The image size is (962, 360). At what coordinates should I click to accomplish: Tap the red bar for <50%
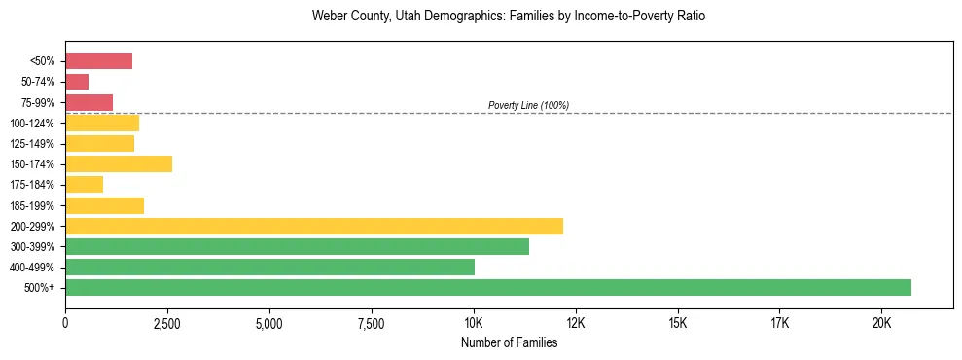98,61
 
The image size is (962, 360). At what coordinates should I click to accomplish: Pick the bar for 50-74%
77,82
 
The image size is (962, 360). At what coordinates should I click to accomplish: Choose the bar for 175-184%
84,185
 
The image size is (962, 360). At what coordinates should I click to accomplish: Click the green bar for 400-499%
269,267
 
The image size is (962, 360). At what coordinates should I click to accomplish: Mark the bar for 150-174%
119,163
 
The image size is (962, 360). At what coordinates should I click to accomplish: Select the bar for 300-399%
297,246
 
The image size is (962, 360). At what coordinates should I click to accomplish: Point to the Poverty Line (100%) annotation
528,105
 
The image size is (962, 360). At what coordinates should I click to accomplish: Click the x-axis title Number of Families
509,342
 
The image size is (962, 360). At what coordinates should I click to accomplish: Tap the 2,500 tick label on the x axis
167,323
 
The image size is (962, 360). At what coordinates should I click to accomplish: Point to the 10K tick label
474,323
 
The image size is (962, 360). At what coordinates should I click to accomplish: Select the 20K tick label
881,323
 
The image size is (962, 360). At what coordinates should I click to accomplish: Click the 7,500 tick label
372,323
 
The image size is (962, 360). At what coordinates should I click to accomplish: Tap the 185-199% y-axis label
34,205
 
